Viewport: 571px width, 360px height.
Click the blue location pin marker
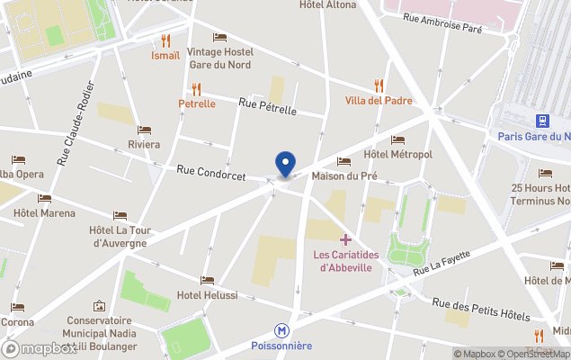[x=285, y=164]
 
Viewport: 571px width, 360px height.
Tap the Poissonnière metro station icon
[x=282, y=331]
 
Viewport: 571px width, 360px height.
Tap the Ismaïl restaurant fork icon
[x=165, y=40]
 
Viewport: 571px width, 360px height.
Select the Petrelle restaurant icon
[x=196, y=88]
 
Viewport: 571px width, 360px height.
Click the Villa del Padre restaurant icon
[x=379, y=85]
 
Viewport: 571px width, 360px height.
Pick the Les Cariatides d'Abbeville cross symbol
[x=345, y=239]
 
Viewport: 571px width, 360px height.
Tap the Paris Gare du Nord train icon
[x=542, y=121]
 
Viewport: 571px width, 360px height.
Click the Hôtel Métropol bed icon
[x=397, y=139]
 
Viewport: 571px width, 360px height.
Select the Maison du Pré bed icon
[x=343, y=161]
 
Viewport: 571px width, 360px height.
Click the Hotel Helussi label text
[x=208, y=295]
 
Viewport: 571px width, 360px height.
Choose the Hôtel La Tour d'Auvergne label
[x=120, y=236]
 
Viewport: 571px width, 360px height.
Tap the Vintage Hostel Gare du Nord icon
[x=219, y=37]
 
